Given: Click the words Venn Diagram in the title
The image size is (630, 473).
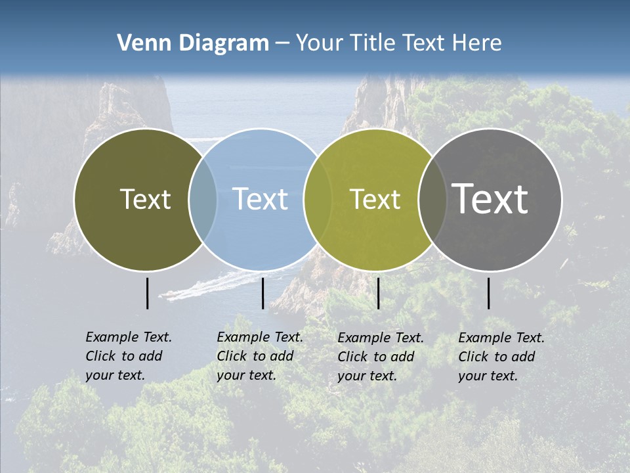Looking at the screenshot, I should pos(193,43).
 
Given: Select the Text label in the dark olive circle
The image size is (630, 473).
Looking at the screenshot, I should pos(145,199).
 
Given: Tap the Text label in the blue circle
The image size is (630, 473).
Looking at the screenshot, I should pos(261,199).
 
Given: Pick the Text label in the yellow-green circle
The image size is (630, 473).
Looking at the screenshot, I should pos(375,199).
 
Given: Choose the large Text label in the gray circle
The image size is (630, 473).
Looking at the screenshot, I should pos(490,199).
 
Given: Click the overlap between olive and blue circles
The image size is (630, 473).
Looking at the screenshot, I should pos(203,199).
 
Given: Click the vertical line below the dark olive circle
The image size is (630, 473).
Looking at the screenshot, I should pos(147,293).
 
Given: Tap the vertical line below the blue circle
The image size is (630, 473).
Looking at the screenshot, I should pos(262,293).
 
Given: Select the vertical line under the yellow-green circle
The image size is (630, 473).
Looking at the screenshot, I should pos(378,293).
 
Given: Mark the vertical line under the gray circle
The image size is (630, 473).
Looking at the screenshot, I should pos(488,293).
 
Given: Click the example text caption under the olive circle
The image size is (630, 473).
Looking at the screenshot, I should pos(129,356).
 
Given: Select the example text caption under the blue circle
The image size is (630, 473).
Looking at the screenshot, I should pos(260,356).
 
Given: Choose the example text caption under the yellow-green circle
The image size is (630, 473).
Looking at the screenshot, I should pos(381,357).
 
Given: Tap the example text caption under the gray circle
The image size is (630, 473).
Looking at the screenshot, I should pos(501,357).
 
